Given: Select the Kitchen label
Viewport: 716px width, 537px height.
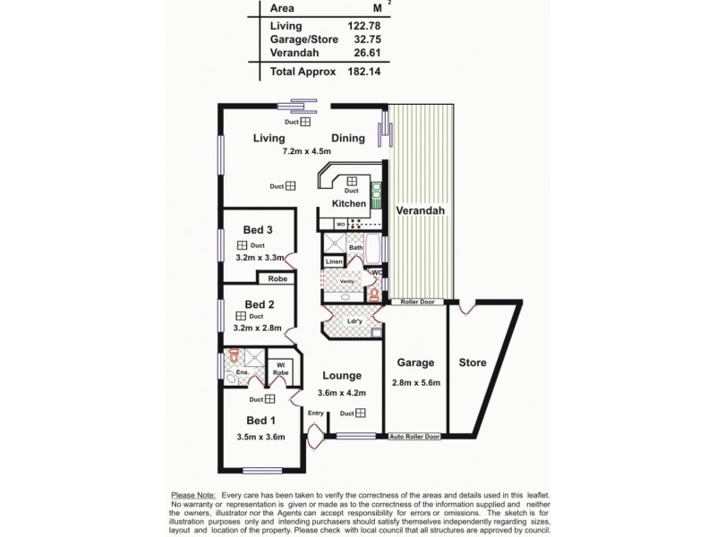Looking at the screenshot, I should click(x=349, y=203).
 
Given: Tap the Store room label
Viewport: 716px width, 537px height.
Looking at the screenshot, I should click(x=472, y=363).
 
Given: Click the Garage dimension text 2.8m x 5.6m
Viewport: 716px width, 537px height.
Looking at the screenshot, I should click(x=417, y=383).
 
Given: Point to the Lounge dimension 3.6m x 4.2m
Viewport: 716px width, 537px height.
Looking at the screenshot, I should click(x=343, y=392).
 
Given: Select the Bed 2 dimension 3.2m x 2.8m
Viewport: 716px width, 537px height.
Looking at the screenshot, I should click(x=258, y=328).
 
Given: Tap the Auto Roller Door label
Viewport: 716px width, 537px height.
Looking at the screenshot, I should click(x=414, y=437).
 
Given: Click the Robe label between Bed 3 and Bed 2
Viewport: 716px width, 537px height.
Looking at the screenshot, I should click(x=277, y=279).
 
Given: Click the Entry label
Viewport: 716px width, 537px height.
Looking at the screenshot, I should click(x=316, y=413).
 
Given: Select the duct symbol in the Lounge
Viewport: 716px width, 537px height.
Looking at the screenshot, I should click(x=359, y=413).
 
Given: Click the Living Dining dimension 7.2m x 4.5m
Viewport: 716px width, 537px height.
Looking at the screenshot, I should click(x=304, y=153).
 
